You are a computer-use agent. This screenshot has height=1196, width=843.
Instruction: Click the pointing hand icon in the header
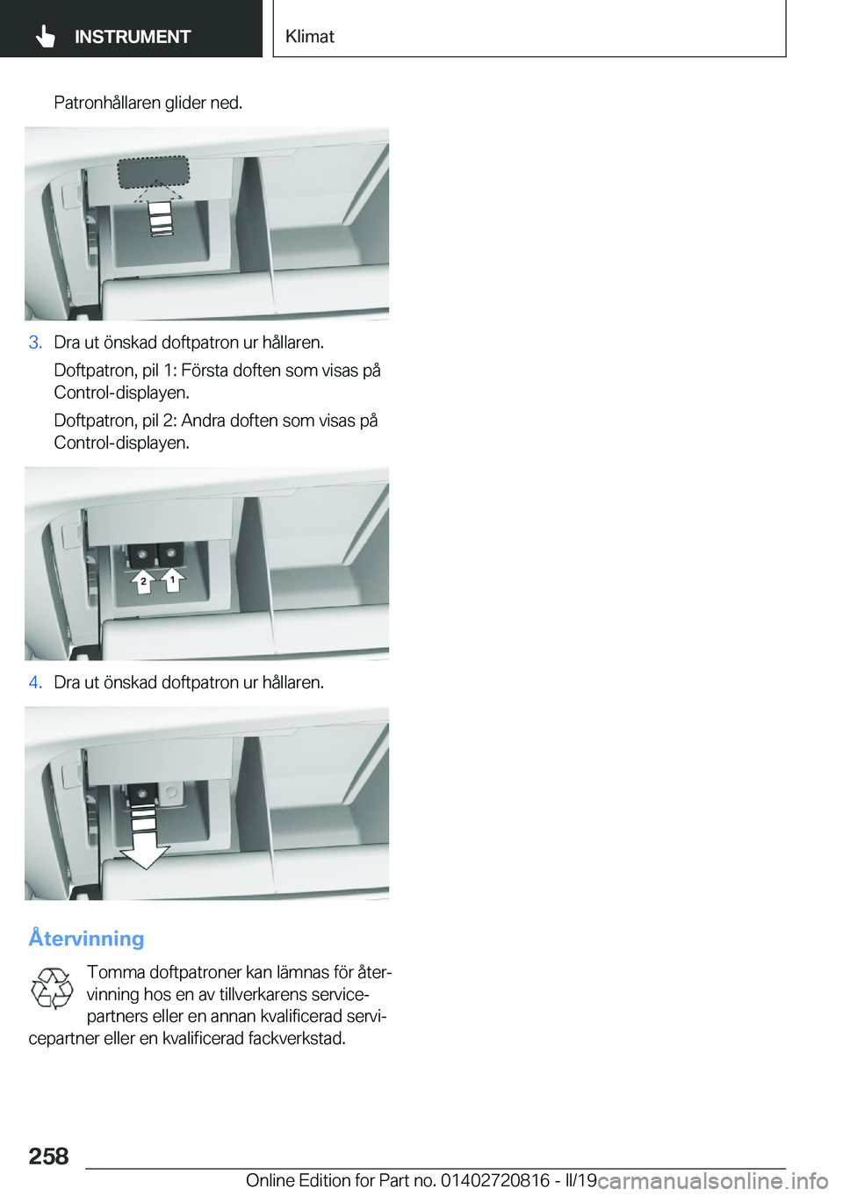coord(45,37)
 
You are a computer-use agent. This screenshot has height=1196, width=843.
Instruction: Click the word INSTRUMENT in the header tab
coord(133,37)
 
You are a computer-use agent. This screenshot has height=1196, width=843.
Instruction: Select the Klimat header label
coord(310,36)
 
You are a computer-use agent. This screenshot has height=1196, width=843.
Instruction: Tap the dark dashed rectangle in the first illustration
coord(154,172)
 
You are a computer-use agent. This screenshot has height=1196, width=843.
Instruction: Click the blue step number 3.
coord(35,342)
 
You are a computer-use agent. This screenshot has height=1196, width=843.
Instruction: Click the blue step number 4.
coord(35,682)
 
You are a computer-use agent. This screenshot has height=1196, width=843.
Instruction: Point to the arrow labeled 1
coord(172,580)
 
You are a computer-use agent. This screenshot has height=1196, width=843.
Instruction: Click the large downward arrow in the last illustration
coord(145,835)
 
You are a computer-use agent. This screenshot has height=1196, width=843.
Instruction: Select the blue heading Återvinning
coord(86,938)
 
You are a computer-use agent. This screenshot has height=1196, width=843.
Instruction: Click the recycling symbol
coord(51,988)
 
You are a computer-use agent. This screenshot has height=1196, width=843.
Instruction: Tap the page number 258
coord(48,1156)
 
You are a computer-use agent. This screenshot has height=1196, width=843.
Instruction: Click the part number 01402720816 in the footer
coord(495,1180)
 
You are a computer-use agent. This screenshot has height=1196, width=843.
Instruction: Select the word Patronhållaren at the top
coord(108,103)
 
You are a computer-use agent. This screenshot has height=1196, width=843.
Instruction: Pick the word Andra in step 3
coord(203,421)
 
